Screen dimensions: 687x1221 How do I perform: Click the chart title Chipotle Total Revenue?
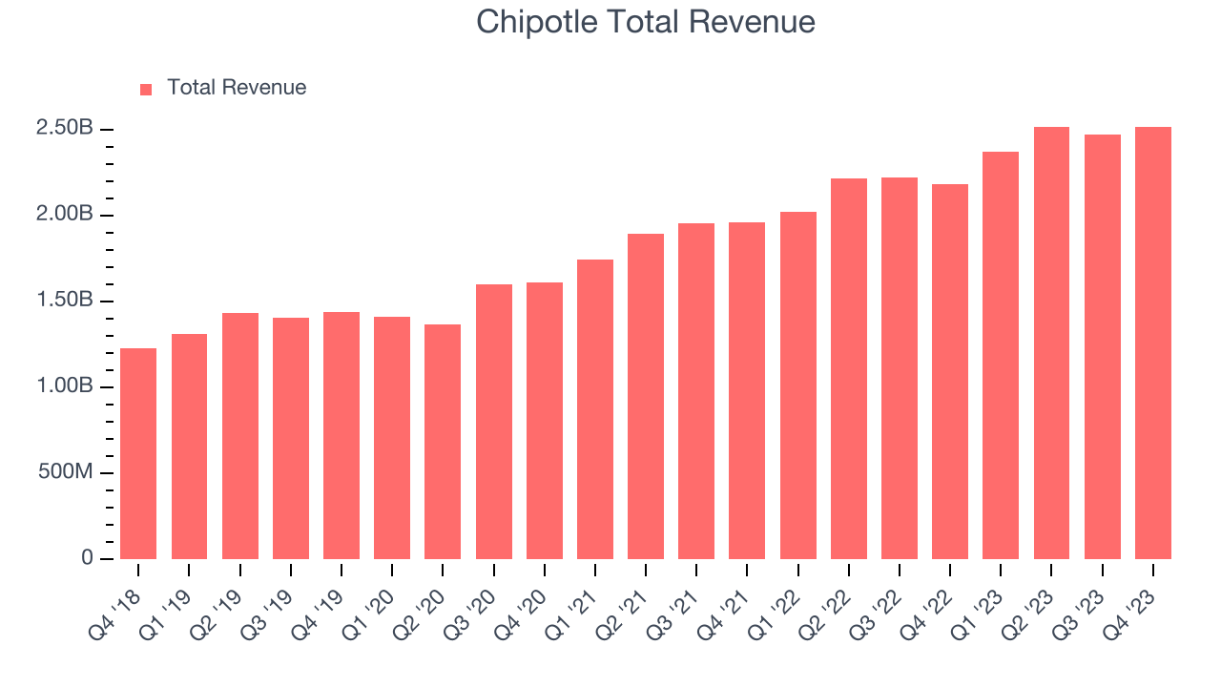(x=646, y=22)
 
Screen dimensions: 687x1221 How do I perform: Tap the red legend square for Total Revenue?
(x=146, y=89)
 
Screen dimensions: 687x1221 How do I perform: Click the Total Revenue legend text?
(x=237, y=88)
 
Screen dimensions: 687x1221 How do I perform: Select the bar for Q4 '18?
(x=138, y=454)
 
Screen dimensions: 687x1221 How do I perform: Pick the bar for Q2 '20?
(x=443, y=442)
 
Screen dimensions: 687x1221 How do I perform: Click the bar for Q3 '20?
(x=493, y=422)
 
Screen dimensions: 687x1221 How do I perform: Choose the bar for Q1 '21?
(x=595, y=409)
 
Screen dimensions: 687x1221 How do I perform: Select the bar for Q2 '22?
(x=849, y=368)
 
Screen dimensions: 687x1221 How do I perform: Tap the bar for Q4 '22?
(x=950, y=371)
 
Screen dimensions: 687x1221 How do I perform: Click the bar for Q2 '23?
(x=1051, y=343)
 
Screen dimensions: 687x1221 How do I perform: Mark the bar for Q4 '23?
(x=1152, y=343)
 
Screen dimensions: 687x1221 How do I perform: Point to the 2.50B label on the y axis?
(x=64, y=129)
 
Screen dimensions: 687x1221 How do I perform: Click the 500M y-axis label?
(x=64, y=472)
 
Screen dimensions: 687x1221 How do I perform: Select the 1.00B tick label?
(x=64, y=386)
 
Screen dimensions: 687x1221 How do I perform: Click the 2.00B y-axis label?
(x=64, y=215)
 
